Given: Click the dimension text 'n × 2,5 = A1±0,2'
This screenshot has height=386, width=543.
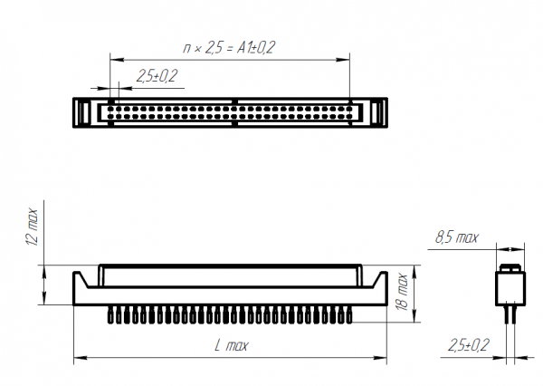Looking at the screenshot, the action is [229, 47].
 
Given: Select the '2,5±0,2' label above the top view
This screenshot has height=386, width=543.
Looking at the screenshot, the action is [157, 76].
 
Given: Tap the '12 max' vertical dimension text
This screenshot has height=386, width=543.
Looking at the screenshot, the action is [32, 227].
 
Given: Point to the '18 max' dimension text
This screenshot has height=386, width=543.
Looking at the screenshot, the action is [402, 292].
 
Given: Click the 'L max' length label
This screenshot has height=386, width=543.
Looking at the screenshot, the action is [232, 345].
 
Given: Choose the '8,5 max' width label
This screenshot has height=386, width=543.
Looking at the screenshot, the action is [457, 237].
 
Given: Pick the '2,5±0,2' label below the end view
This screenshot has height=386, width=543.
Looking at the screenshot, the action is [469, 345].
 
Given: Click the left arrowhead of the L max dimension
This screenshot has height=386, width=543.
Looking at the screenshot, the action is [81, 358].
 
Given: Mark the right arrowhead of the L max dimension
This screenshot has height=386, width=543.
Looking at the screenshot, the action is [380, 358].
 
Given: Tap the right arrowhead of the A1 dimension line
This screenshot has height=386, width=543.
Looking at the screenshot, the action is [343, 60].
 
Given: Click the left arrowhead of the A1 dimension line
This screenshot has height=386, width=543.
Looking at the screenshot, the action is [117, 60].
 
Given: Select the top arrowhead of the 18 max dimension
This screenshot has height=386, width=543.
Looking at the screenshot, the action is [414, 272].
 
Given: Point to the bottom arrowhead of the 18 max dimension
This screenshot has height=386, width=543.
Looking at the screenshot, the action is [414, 315].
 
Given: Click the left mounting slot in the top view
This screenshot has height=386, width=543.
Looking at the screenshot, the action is [82, 112].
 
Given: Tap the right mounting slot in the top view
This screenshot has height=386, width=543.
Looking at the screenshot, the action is [377, 112].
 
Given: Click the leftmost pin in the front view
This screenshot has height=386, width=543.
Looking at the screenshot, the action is [110, 314].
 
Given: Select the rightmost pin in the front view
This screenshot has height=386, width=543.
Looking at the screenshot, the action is [349, 314].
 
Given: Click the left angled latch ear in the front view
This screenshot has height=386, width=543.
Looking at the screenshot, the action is [81, 279].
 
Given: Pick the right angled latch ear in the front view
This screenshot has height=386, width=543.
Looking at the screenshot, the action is [379, 279].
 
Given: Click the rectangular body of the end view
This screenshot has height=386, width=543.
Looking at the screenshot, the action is [510, 288].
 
